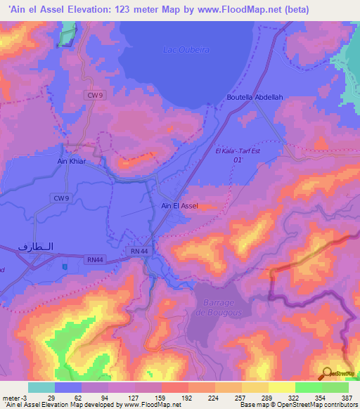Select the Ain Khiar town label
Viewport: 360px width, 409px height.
71,160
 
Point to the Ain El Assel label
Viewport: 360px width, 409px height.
180,206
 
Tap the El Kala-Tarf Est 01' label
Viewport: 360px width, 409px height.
238,155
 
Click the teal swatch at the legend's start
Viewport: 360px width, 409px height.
41,387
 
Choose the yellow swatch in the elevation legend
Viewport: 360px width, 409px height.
281,387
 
